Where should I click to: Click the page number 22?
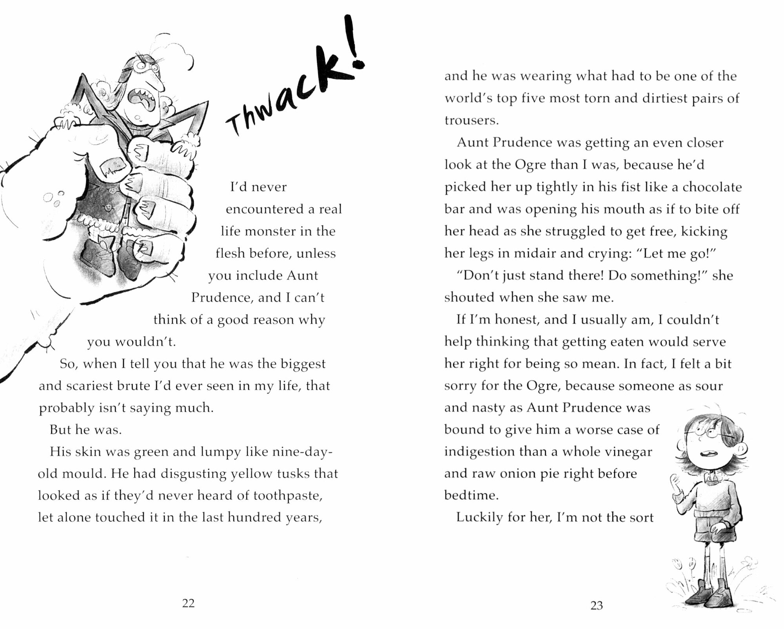pyautogui.click(x=188, y=603)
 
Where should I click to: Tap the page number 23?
pyautogui.click(x=596, y=605)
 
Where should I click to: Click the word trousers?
pyautogui.click(x=471, y=120)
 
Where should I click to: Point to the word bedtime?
pyautogui.click(x=471, y=495)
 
